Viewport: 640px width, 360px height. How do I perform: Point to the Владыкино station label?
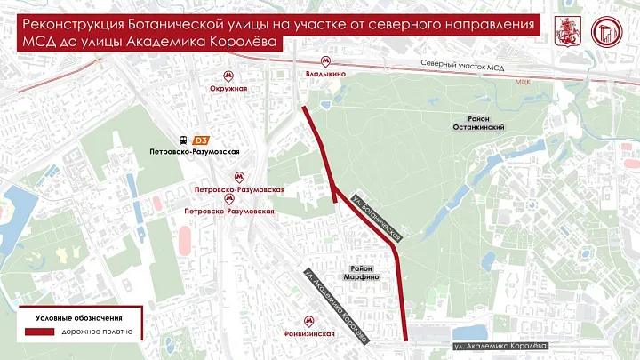[324, 76]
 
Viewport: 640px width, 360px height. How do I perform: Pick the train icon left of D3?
[184, 140]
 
